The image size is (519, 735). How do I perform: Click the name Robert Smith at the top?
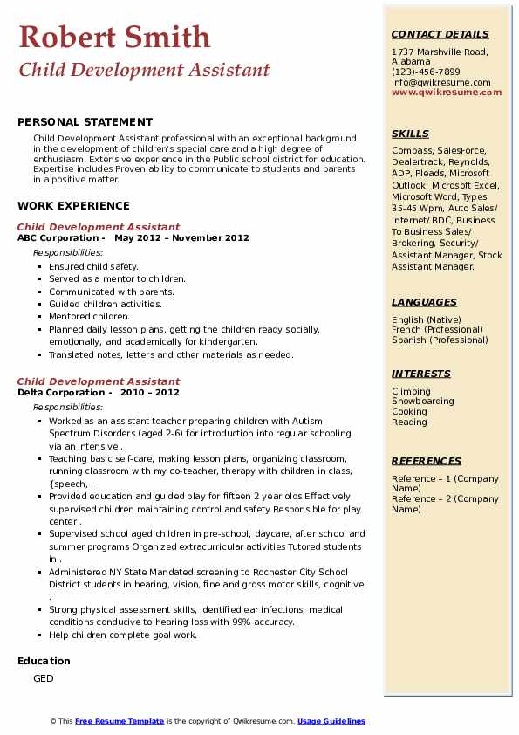click(114, 37)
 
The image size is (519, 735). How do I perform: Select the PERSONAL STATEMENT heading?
click(85, 122)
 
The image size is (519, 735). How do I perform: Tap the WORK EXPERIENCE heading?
click(73, 206)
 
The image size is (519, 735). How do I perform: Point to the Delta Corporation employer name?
click(61, 392)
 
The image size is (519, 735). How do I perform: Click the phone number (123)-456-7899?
click(426, 72)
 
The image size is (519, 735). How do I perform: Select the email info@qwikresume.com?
click(440, 82)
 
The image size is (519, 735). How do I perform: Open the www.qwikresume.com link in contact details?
click(440, 92)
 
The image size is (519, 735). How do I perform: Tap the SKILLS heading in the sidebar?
click(410, 134)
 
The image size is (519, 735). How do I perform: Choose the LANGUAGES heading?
click(424, 302)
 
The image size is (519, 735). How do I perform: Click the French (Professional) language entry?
click(437, 330)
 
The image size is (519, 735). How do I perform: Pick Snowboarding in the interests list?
click(422, 402)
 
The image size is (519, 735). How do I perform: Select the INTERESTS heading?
click(421, 374)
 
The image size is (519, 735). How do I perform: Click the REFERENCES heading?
click(427, 461)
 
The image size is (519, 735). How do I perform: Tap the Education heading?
click(44, 661)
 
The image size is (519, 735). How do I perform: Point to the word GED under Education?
click(44, 678)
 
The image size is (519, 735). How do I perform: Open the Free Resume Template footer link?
click(120, 721)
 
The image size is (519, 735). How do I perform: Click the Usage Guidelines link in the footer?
click(331, 721)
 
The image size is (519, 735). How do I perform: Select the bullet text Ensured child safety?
click(93, 266)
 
